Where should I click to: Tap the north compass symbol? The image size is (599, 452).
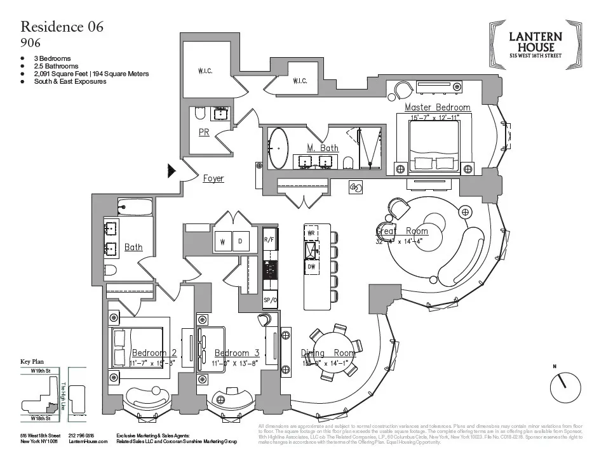coord(565,387)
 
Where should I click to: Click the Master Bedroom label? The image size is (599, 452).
coord(437,107)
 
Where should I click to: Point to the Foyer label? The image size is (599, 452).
coord(213,178)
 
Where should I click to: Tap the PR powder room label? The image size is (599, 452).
coord(204,133)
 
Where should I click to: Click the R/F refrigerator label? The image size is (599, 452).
coord(270,240)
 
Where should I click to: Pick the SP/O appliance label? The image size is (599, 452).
coord(270,300)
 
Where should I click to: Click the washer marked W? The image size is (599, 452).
coord(223,242)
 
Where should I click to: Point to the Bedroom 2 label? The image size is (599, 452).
coord(154,353)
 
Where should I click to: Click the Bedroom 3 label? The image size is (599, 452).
coord(237,353)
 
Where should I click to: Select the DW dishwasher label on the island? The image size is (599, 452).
coord(311,267)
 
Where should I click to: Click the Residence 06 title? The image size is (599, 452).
coord(62,27)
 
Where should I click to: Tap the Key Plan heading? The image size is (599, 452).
coord(35,361)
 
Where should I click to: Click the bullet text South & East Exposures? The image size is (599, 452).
coord(70,82)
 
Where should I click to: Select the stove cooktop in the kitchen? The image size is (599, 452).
coord(270,270)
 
